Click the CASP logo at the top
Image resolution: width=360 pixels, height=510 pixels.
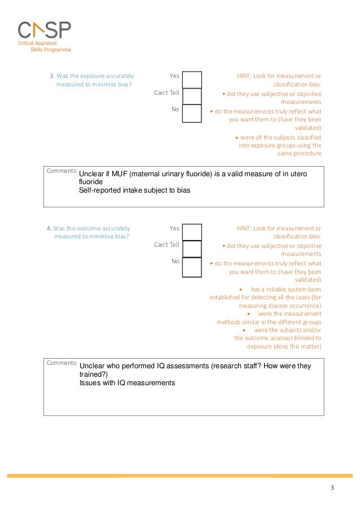point(44,30)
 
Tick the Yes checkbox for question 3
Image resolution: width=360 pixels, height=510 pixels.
point(192,80)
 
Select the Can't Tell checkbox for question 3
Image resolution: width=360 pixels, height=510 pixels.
point(192,97)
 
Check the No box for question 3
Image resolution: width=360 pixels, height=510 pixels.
point(192,113)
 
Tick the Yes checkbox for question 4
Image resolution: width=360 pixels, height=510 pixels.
point(192,232)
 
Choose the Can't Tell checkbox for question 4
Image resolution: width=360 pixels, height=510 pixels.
point(192,249)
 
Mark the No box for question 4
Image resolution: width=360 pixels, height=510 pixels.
point(192,267)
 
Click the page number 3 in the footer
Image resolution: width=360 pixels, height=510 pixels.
point(332,488)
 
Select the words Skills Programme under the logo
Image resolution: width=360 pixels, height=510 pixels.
point(51,50)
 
